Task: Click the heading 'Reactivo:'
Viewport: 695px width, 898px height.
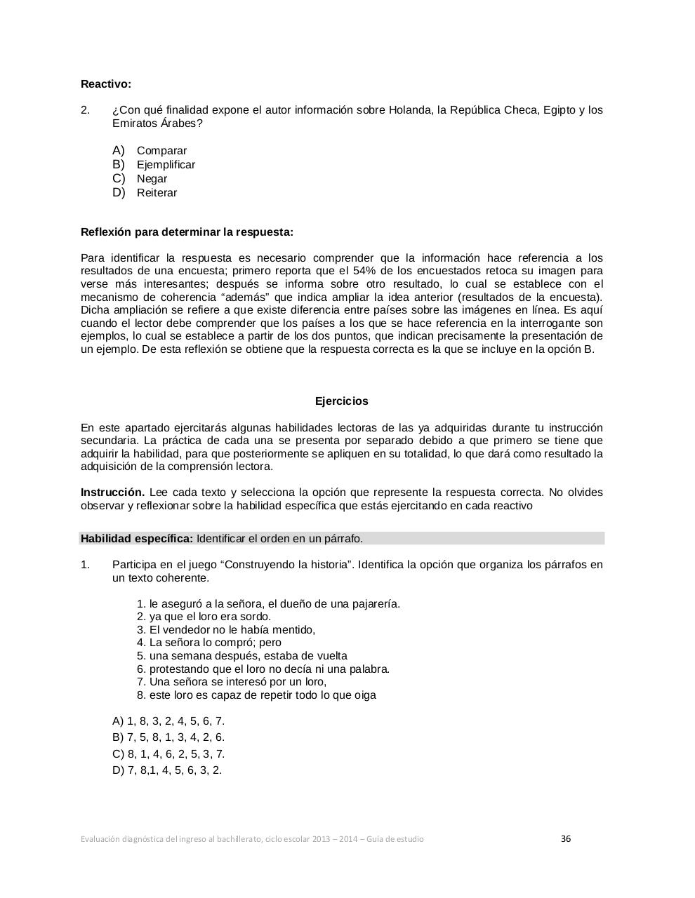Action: coord(106,84)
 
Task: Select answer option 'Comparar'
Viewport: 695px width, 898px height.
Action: coord(161,151)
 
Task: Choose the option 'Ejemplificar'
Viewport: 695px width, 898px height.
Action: coord(166,165)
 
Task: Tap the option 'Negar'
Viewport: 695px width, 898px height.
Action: coord(152,179)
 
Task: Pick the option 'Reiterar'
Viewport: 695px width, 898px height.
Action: coord(157,193)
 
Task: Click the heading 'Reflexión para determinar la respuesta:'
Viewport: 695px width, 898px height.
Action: coord(187,232)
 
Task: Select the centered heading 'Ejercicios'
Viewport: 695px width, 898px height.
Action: coord(341,401)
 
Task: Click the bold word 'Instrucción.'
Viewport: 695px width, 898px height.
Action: coord(113,492)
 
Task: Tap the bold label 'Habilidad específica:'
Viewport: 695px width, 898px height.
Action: coord(137,539)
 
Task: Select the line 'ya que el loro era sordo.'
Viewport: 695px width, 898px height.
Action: coord(210,617)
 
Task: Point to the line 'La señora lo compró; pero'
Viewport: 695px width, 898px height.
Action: coord(215,643)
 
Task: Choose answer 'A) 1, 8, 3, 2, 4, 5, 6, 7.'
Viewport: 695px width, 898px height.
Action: coord(168,721)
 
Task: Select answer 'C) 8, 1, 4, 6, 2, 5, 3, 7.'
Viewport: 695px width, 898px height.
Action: coord(168,754)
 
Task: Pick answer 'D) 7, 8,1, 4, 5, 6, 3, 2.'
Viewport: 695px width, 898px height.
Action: coord(167,770)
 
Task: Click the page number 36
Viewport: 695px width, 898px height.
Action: coord(566,838)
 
